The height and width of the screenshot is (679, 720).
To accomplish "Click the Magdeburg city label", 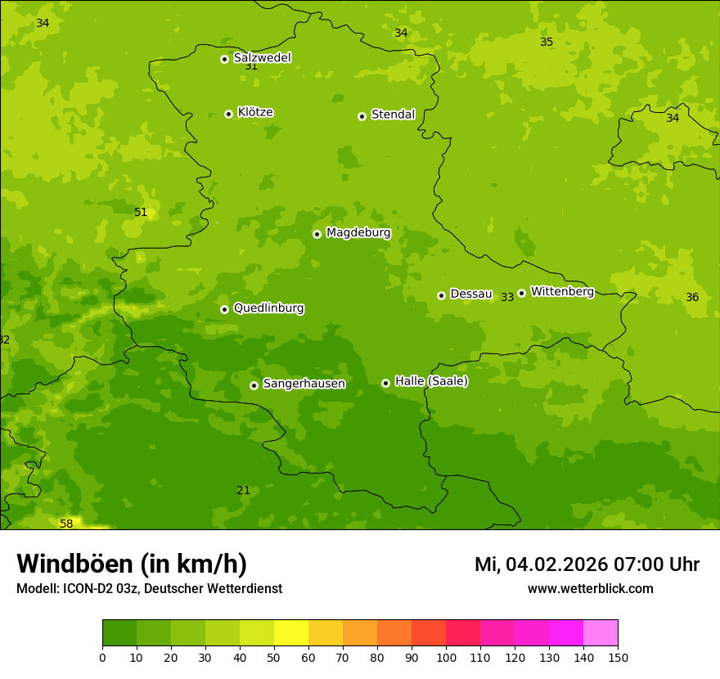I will pyautogui.click(x=358, y=233).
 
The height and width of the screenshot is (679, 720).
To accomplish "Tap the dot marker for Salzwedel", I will pyautogui.click(x=224, y=59).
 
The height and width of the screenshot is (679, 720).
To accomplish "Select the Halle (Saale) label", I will pyautogui.click(x=431, y=381).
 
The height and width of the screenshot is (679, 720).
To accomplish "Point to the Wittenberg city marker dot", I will pyautogui.click(x=521, y=293).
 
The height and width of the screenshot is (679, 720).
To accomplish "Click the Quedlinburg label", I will pyautogui.click(x=268, y=308).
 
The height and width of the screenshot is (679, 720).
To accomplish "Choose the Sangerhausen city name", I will pyautogui.click(x=304, y=384).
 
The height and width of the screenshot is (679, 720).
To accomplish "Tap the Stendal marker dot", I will pyautogui.click(x=362, y=116).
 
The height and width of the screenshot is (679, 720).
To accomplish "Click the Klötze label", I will pyautogui.click(x=255, y=113).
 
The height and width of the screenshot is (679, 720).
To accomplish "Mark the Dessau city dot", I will pyautogui.click(x=441, y=295).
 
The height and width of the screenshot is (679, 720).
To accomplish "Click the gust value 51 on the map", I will pyautogui.click(x=141, y=213).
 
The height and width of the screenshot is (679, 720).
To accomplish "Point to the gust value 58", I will pyautogui.click(x=66, y=524).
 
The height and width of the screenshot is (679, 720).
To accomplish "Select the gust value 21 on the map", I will pyautogui.click(x=243, y=491).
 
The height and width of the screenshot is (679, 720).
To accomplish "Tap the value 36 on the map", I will pyautogui.click(x=692, y=298).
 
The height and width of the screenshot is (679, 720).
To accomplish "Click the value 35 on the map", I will pyautogui.click(x=547, y=43).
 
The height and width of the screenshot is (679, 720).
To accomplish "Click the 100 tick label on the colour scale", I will pyautogui.click(x=446, y=657).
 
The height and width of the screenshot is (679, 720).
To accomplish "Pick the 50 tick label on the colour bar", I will pyautogui.click(x=274, y=657).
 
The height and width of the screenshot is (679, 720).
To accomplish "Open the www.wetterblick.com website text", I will pyautogui.click(x=590, y=589).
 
